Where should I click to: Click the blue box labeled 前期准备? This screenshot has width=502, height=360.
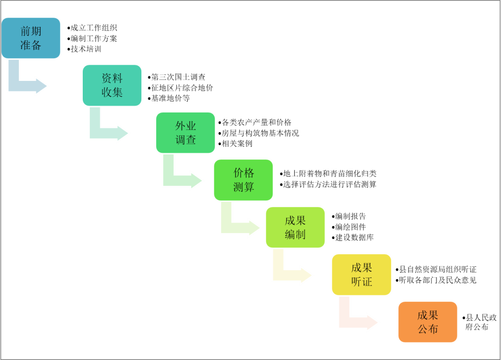point(31,38)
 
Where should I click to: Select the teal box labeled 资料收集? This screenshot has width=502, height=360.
point(112,85)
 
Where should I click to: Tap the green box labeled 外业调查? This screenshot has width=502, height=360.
point(185,133)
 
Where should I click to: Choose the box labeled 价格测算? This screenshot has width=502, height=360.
point(243,180)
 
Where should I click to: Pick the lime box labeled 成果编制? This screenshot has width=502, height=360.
point(295,227)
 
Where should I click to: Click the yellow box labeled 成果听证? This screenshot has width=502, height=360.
point(361,274)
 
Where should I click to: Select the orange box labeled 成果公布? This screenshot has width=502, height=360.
point(428,322)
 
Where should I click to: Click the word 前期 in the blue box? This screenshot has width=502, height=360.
point(31,31)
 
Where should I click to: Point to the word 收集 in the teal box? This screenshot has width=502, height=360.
point(112,92)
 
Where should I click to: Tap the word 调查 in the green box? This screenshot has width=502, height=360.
point(185,140)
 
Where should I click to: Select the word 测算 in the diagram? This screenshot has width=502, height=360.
point(243,187)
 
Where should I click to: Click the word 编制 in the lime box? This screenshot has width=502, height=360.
point(295,234)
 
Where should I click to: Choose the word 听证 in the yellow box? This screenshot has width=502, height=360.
point(361,281)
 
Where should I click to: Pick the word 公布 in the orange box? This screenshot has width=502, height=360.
point(428,329)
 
